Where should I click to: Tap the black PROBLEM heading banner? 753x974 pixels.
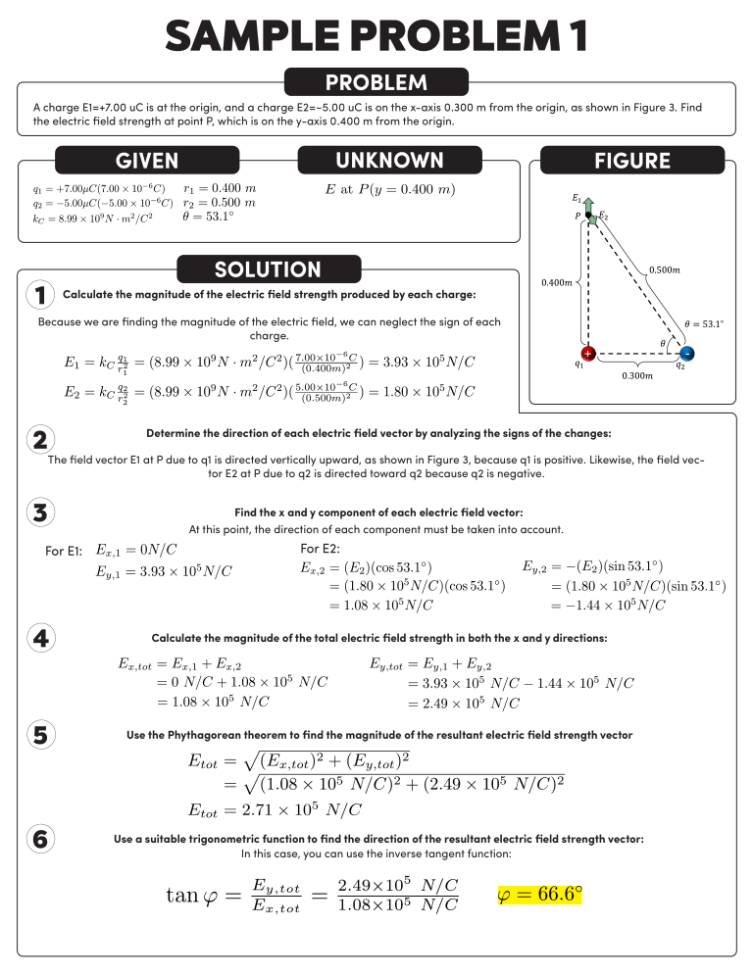pyautogui.click(x=376, y=81)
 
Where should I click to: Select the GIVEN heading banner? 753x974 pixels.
pyautogui.click(x=147, y=161)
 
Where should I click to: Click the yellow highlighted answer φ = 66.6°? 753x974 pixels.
pyautogui.click(x=540, y=894)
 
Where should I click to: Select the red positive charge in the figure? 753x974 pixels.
pyautogui.click(x=587, y=353)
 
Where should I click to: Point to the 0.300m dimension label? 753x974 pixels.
pyautogui.click(x=638, y=374)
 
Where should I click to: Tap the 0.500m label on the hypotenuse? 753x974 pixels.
pyautogui.click(x=666, y=269)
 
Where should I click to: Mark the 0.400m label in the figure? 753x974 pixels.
pyautogui.click(x=557, y=283)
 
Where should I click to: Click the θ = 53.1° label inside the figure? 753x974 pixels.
pyautogui.click(x=704, y=323)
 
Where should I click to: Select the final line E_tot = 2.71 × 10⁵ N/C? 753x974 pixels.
pyautogui.click(x=275, y=809)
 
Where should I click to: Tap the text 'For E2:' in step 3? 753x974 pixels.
pyautogui.click(x=321, y=548)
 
